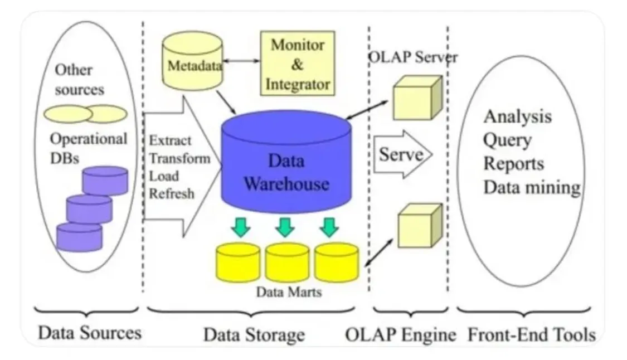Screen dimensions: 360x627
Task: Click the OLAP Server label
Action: (x=412, y=57)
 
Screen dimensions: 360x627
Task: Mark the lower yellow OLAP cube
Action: (x=419, y=226)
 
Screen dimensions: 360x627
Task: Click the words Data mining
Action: (x=531, y=187)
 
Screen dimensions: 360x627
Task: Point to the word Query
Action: (x=507, y=140)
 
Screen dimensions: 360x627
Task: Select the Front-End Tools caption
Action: (x=532, y=335)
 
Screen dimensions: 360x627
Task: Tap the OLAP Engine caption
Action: (x=400, y=335)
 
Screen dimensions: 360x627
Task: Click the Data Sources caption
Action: (x=89, y=333)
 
